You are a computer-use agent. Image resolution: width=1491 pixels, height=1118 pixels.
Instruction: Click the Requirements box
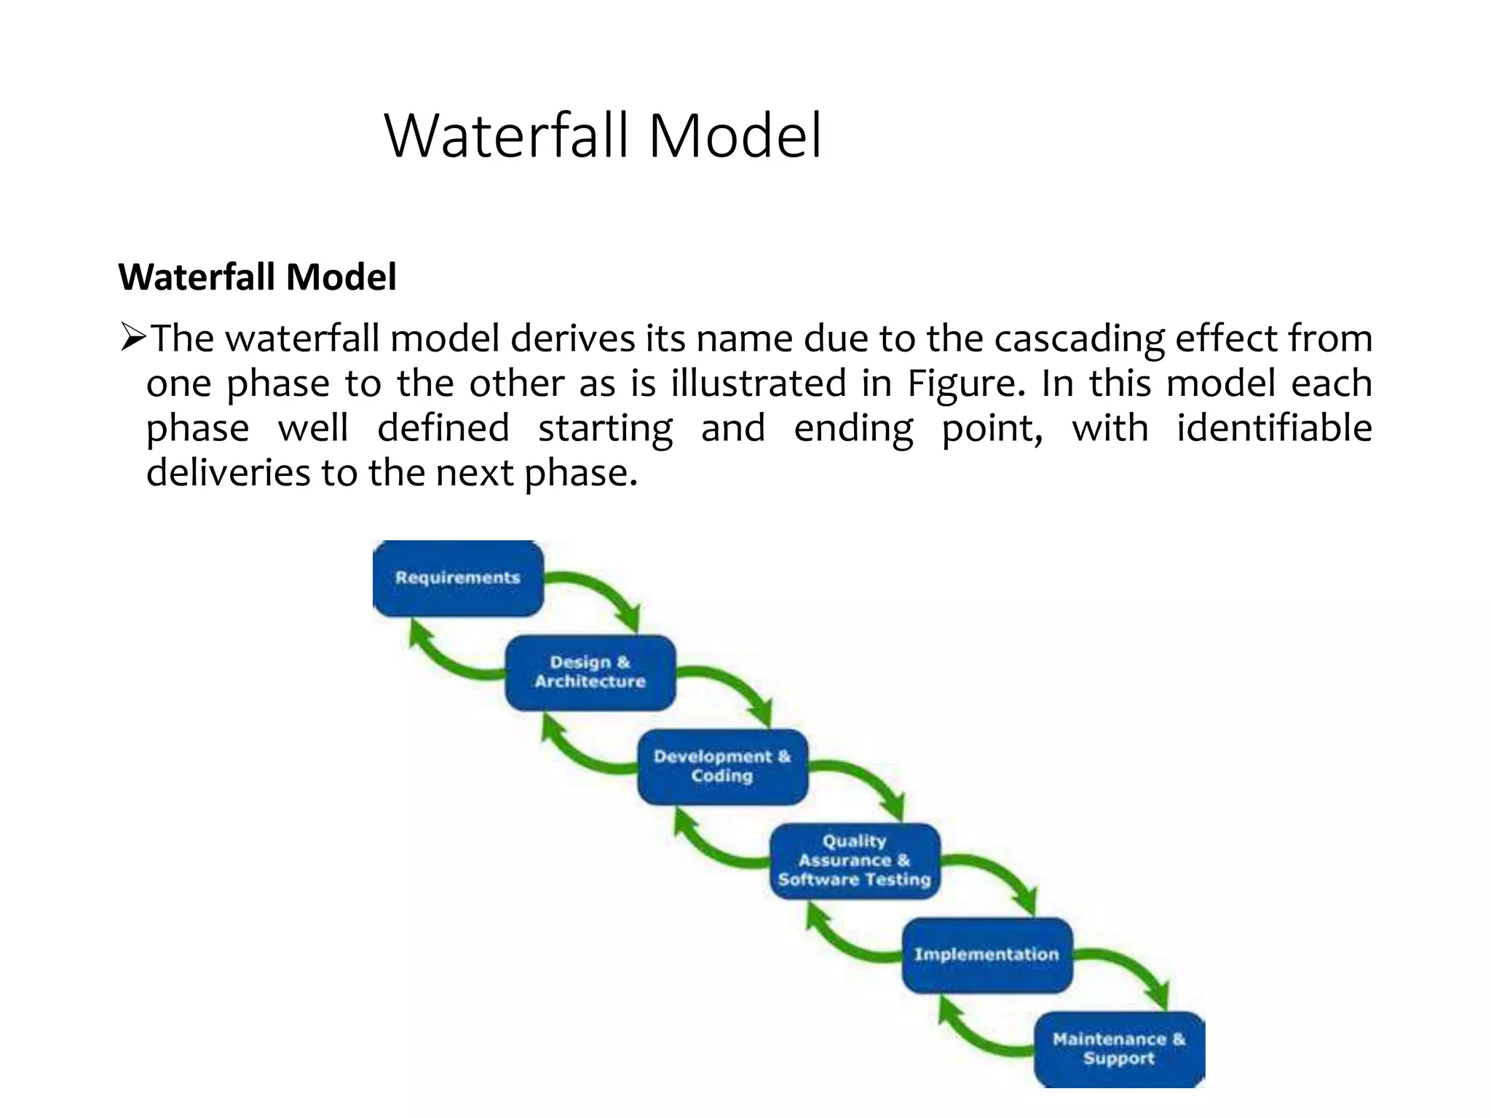point(458,579)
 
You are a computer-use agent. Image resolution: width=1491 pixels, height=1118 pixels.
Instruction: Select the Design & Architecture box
point(590,673)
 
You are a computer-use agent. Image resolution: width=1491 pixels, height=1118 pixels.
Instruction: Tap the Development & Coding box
point(722,766)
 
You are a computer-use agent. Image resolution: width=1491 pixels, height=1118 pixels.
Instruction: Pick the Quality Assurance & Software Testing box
point(855,860)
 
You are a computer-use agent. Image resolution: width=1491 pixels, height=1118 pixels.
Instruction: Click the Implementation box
point(987,954)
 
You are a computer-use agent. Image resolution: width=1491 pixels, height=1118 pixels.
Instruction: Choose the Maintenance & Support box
point(1119,1049)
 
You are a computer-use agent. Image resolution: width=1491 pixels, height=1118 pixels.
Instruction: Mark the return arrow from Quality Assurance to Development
point(710,849)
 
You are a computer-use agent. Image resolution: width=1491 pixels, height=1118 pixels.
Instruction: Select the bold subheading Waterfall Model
point(257,277)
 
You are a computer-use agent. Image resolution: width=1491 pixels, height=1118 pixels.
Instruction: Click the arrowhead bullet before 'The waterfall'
point(134,338)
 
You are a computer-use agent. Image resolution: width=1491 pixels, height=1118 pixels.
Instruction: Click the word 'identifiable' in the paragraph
point(1274,428)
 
